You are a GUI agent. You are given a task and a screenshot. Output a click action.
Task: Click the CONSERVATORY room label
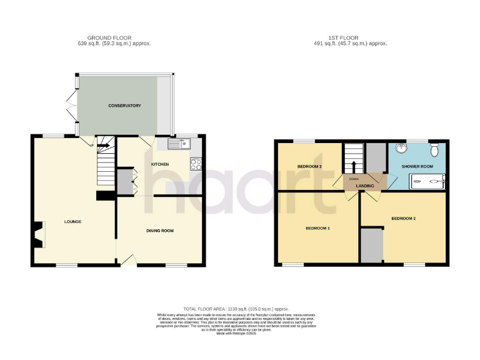pos(124,106)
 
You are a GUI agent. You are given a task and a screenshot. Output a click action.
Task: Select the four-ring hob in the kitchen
pos(196,165)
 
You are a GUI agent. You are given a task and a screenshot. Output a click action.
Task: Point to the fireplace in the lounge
pos(39,234)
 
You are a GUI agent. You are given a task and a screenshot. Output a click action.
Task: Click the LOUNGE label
pos(72,222)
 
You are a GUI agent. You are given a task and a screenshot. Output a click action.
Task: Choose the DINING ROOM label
pos(160,231)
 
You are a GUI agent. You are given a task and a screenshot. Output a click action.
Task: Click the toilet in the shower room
pos(436,151)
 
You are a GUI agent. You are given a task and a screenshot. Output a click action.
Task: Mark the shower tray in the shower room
pos(427,182)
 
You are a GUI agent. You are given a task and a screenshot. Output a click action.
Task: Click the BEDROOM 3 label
pos(309,166)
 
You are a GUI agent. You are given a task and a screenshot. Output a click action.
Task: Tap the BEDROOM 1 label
pos(317,228)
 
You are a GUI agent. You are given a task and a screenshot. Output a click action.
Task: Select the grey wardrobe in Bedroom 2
pos(372,246)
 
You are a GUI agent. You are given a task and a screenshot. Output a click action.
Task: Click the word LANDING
pos(365,186)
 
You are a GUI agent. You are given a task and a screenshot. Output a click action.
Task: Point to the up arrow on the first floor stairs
pos(354,166)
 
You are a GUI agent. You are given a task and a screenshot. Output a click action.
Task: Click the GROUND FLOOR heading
pos(109,37)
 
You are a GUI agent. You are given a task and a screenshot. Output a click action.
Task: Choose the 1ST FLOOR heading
pos(351,37)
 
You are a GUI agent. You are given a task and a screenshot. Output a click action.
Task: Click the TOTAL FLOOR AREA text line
pos(240,309)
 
